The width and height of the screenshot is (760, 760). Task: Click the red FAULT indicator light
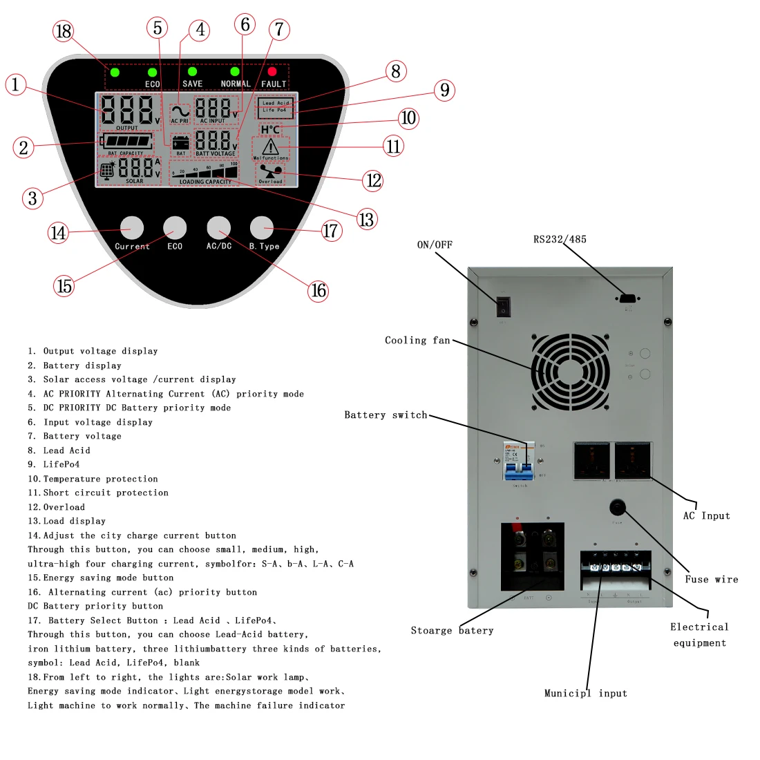272,71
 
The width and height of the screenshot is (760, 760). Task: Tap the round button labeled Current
132,227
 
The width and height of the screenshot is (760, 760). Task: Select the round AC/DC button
218,227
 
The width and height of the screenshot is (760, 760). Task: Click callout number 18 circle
63,31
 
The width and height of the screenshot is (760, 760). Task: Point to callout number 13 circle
366,220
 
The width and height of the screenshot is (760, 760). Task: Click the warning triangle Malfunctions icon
271,146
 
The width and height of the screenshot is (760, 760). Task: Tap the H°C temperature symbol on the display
270,129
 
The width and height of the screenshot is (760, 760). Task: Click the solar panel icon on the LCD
108,171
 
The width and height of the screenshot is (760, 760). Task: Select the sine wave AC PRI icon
180,111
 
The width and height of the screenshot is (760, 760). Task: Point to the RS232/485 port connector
628,298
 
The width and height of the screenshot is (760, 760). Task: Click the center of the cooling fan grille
570,372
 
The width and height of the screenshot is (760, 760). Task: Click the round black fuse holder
617,509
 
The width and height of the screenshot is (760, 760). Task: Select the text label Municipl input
585,693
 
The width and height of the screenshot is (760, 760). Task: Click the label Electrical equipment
699,635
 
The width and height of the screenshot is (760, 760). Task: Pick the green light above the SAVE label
192,71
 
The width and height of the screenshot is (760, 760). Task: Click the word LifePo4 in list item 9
61,464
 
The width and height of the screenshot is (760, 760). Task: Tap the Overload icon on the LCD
270,173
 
